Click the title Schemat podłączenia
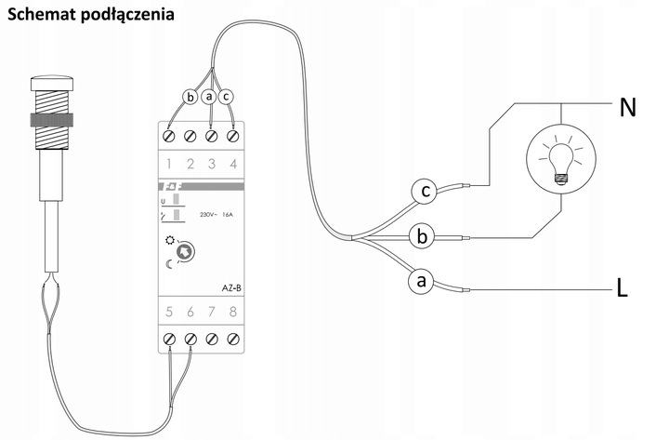[x=91, y=15]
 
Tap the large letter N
[x=627, y=108]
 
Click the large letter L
[x=623, y=288]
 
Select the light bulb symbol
[x=561, y=159]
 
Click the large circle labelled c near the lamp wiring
[x=425, y=191]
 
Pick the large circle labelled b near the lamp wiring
[x=422, y=236]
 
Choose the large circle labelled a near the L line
[x=421, y=282]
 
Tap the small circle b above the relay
[x=190, y=97]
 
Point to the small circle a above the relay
[x=209, y=97]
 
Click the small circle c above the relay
[x=226, y=97]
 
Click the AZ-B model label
[x=231, y=288]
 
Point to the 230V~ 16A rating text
[x=216, y=215]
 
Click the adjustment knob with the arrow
[x=186, y=251]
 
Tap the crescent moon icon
[x=169, y=264]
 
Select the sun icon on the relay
[x=170, y=240]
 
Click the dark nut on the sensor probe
[x=52, y=120]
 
